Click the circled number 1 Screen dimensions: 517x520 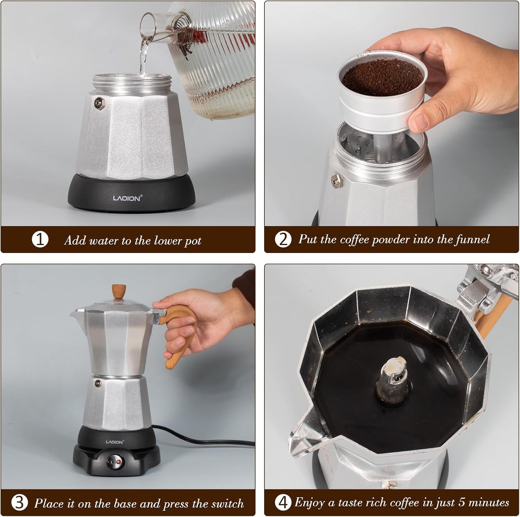point(40,240)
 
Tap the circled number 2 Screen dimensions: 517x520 point(283,240)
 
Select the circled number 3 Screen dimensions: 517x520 point(19,503)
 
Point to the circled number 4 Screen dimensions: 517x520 point(283,503)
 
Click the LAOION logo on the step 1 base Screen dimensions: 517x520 point(127,198)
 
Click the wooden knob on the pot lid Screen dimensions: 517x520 point(118,291)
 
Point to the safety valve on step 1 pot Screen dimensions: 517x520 point(98,103)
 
